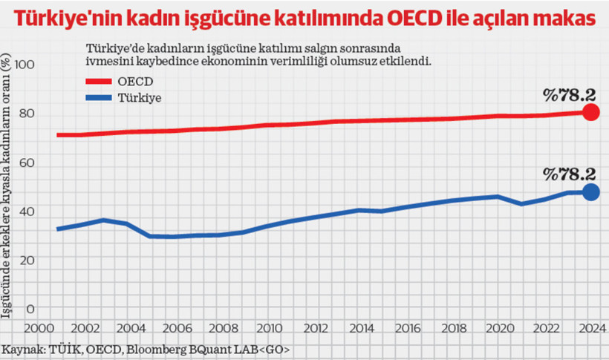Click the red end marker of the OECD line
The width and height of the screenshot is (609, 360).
(x=591, y=112)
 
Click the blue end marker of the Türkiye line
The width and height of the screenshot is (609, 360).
(x=591, y=192)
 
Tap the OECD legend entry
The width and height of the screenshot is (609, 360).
(x=134, y=80)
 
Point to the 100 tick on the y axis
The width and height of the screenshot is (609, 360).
(x=25, y=65)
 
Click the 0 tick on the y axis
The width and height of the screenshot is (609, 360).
(x=30, y=309)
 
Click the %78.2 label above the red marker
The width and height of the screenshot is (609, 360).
(x=569, y=95)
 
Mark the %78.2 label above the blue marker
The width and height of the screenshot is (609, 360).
(x=569, y=174)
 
